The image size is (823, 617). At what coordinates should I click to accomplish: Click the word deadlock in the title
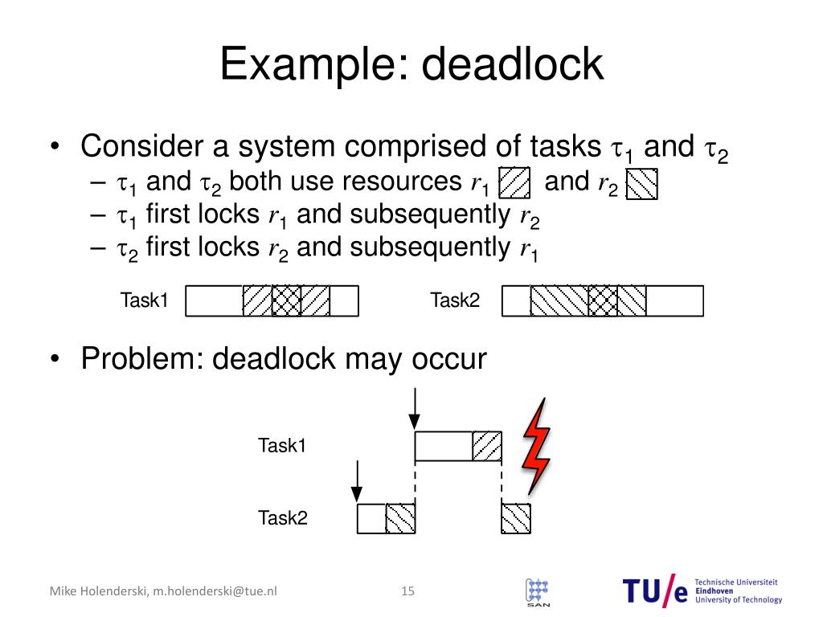click(x=512, y=64)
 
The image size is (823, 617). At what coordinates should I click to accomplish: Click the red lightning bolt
click(x=536, y=446)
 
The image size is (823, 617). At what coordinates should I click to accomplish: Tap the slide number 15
click(x=407, y=591)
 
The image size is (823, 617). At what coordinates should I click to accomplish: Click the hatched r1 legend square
click(x=514, y=183)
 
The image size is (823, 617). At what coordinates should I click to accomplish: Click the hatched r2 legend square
click(x=641, y=184)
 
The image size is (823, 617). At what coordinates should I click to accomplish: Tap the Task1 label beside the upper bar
click(x=144, y=301)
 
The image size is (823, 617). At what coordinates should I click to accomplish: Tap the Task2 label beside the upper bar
click(x=455, y=301)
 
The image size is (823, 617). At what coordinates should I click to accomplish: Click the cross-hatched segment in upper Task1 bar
click(x=286, y=301)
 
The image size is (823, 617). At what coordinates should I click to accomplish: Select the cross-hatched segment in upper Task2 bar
click(x=603, y=301)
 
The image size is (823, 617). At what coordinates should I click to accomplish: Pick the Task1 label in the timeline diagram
click(x=282, y=445)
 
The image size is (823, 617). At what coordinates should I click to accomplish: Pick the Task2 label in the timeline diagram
click(x=282, y=518)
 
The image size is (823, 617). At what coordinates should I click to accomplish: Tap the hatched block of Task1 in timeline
click(x=487, y=446)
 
